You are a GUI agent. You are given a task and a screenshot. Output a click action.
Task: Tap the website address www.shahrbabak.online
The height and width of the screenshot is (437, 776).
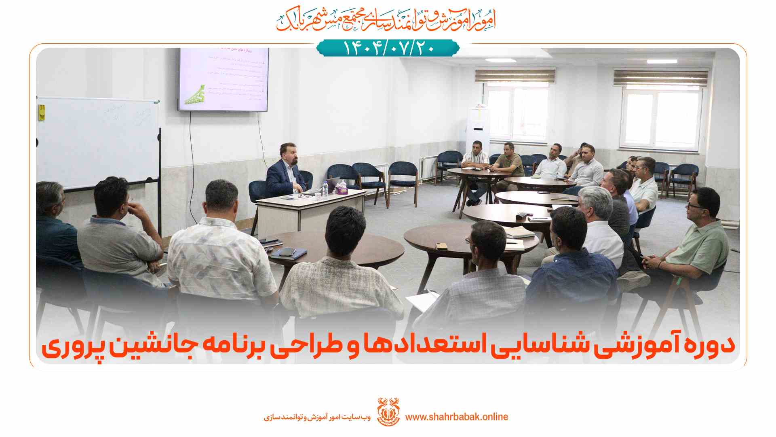(x=456, y=417)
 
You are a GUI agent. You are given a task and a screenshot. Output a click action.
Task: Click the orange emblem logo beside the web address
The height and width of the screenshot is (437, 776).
(x=388, y=412)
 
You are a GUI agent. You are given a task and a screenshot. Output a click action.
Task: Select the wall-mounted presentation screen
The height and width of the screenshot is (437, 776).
(x=224, y=80)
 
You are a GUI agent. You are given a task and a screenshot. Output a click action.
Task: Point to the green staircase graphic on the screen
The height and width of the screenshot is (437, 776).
(x=195, y=96)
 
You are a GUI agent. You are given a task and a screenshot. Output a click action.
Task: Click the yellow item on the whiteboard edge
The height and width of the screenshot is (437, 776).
(x=41, y=112)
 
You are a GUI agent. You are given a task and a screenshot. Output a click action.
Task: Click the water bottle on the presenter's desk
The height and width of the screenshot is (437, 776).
(x=325, y=189)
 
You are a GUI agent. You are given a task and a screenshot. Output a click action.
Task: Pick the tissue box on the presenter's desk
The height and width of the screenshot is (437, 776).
(x=342, y=189)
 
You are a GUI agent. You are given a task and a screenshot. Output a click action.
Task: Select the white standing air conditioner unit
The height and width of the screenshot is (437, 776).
(x=478, y=129)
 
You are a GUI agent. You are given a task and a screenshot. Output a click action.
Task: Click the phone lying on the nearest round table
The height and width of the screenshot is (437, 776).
(x=441, y=246)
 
